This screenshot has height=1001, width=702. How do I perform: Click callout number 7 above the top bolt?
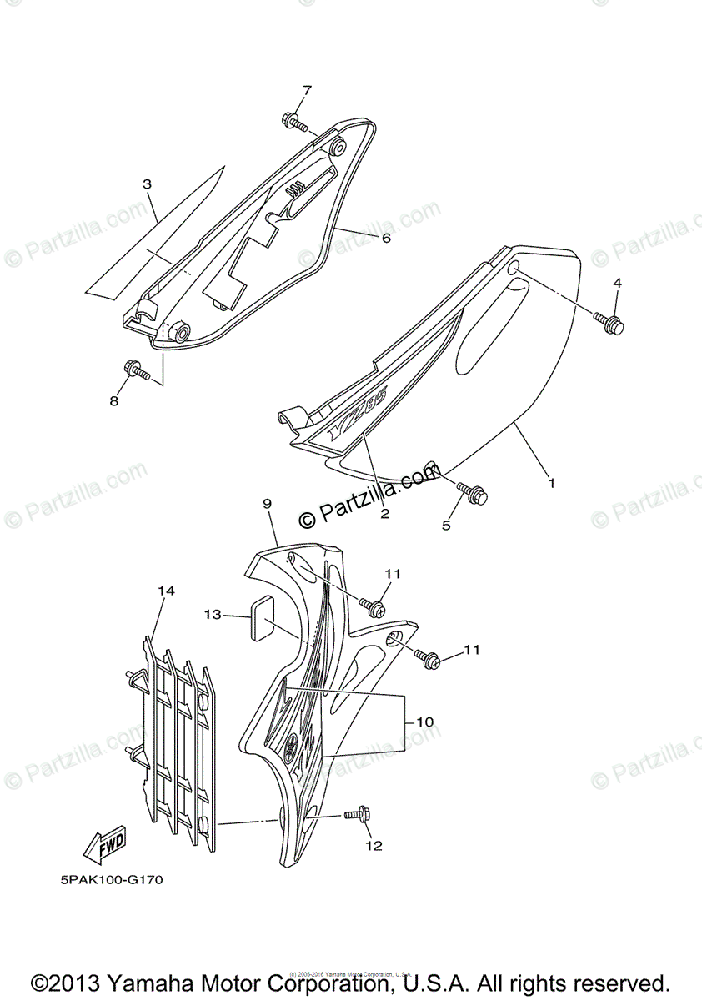(307, 90)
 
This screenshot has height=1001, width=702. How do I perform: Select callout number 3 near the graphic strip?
(147, 184)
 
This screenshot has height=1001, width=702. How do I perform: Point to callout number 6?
(386, 238)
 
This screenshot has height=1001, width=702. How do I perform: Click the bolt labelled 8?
(135, 369)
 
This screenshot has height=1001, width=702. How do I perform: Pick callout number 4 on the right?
(617, 284)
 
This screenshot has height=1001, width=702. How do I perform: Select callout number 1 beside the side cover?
(551, 481)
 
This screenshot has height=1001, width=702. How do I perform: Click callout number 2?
(384, 514)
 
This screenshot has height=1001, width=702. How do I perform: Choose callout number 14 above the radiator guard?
(166, 591)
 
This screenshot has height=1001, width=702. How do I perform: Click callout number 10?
(425, 720)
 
